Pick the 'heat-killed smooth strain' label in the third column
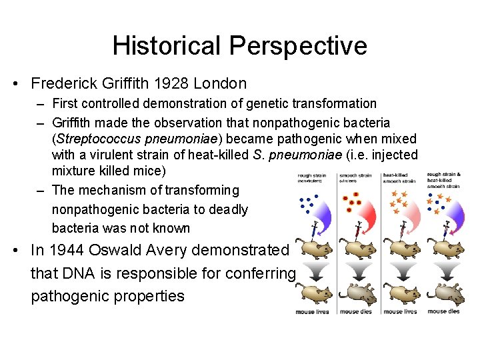[x=399, y=178]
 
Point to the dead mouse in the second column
[x=359, y=293]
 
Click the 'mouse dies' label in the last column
[x=443, y=311]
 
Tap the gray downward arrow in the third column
[x=402, y=271]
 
